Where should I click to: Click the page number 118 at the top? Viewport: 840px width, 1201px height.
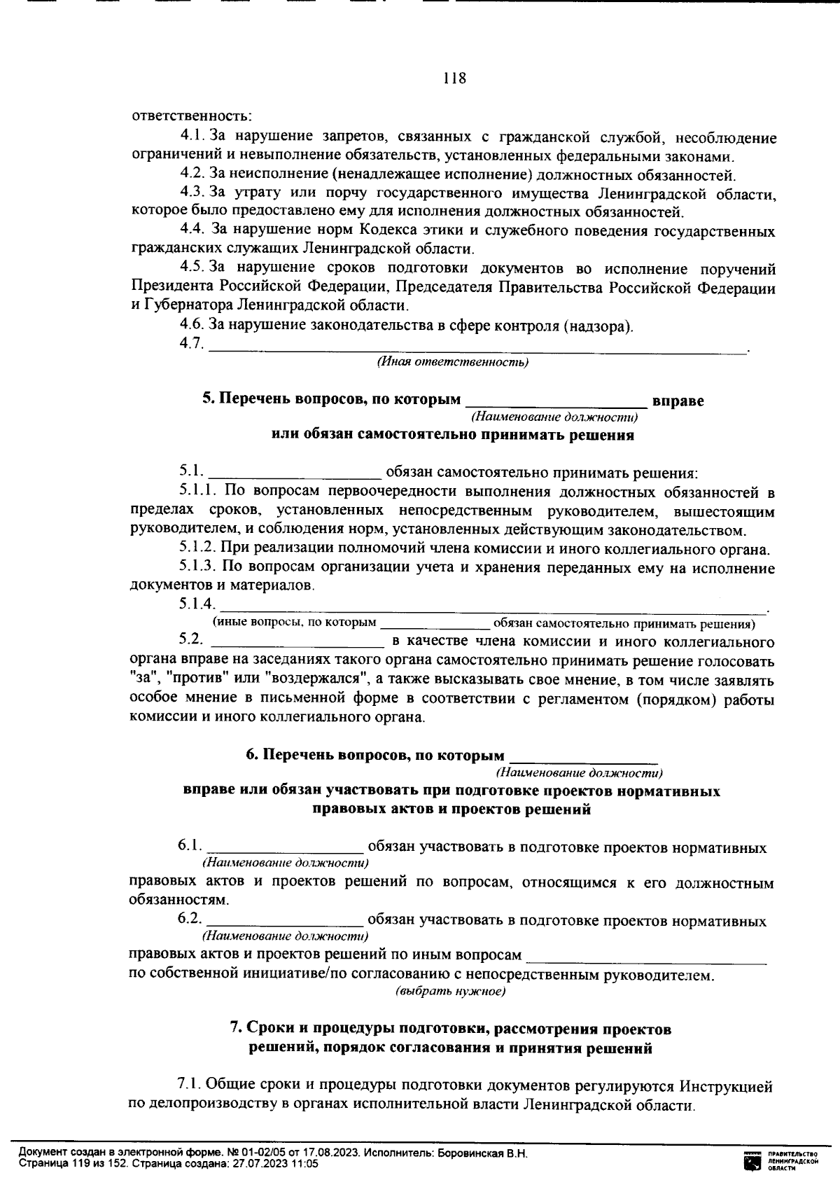tap(454, 78)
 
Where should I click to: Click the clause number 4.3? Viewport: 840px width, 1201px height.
tap(191, 193)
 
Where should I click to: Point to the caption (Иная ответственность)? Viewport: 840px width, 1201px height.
tap(452, 362)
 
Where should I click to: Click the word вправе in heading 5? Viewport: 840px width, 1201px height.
tap(678, 401)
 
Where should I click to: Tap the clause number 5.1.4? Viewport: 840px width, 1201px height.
tap(197, 605)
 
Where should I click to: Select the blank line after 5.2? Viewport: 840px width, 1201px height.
tap(297, 641)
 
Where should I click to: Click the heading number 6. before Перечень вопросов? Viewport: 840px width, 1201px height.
tap(252, 756)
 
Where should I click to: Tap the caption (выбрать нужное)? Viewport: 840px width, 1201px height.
tap(450, 992)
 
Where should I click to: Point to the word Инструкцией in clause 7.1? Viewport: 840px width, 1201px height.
tap(726, 1086)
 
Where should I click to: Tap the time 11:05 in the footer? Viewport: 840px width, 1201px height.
tap(304, 1163)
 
